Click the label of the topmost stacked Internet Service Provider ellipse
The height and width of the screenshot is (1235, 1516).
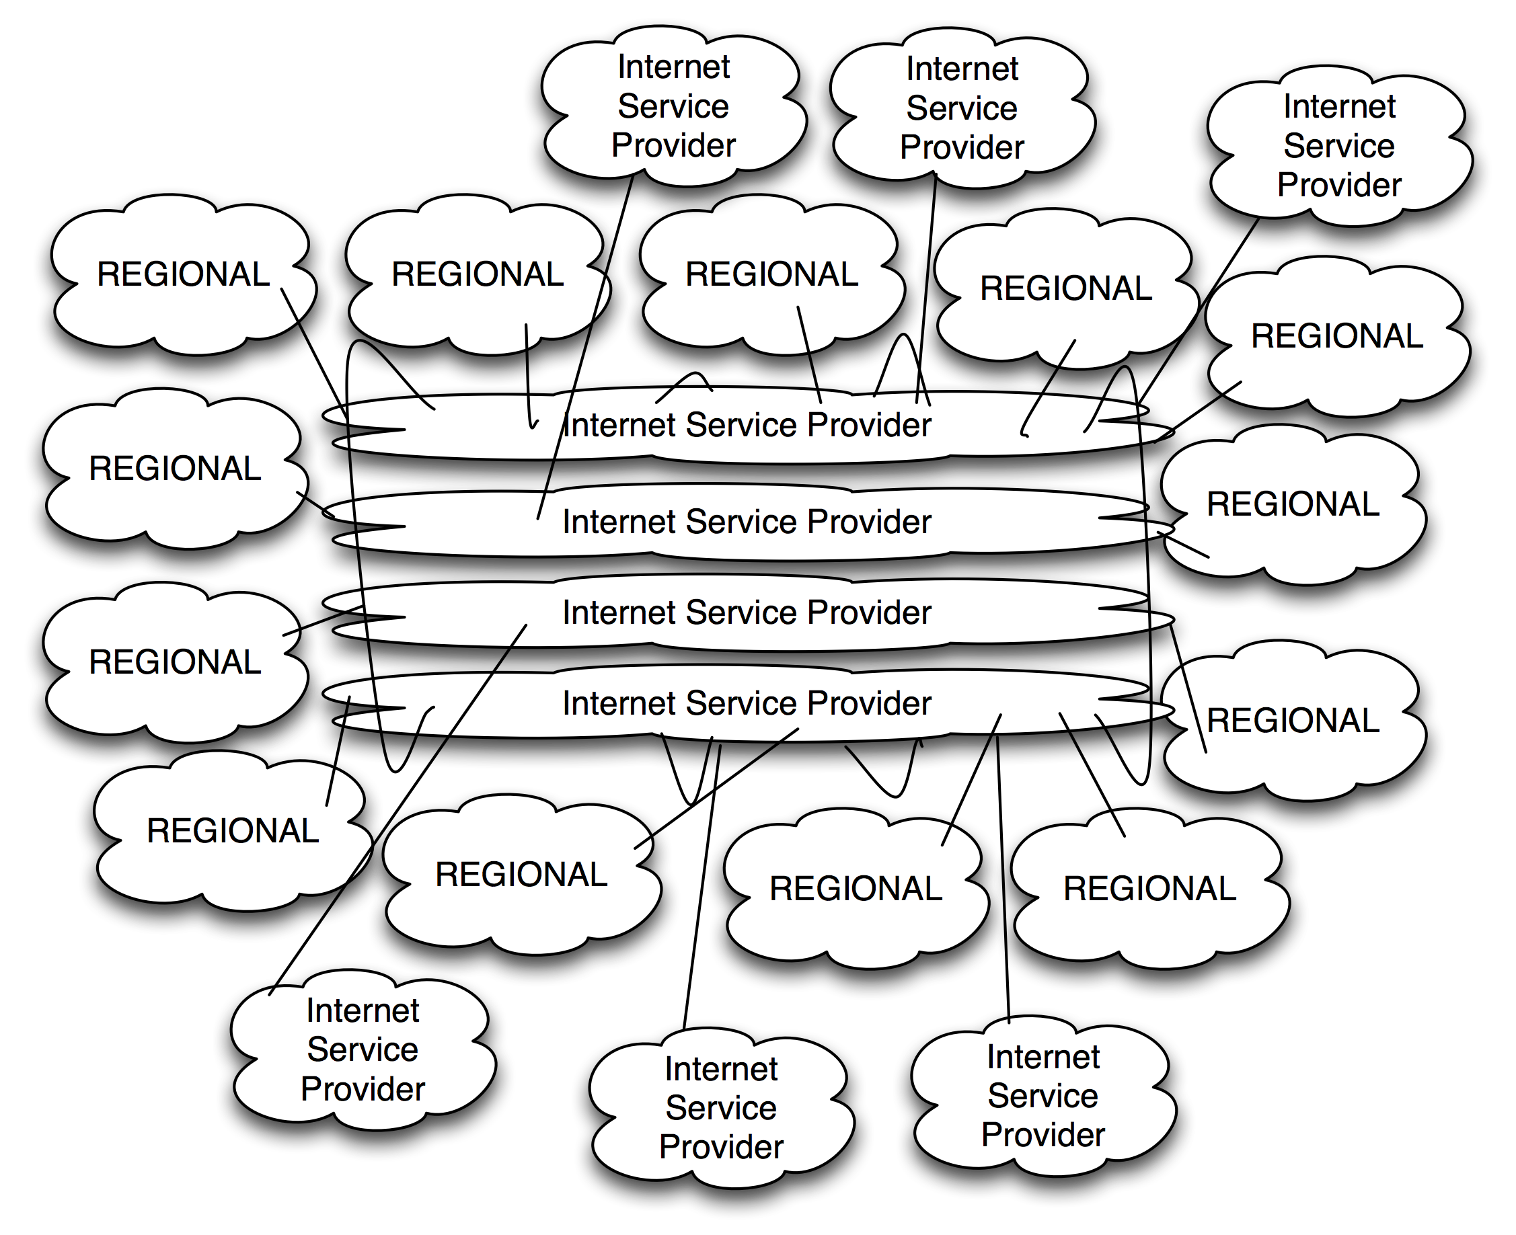746,425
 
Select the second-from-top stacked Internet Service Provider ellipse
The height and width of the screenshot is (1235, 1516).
746,522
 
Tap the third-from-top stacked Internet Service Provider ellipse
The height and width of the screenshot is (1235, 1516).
746,612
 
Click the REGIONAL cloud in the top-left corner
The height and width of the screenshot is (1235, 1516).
183,274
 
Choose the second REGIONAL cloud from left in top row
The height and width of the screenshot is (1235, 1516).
477,274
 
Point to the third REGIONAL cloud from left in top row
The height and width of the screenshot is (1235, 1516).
771,274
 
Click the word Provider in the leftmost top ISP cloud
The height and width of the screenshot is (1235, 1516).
673,146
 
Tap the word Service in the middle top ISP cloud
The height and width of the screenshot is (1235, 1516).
962,109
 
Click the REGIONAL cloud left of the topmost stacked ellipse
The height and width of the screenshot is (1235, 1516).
175,469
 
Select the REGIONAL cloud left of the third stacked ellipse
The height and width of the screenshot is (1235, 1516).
175,662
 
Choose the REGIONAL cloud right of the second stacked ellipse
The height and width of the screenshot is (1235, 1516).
1293,504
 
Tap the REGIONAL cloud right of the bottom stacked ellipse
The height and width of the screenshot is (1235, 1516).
1293,721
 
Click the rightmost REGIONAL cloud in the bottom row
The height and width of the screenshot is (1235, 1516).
1149,889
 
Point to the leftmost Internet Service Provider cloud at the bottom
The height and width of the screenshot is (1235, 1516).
363,1050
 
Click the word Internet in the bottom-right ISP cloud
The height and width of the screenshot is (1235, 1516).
1043,1057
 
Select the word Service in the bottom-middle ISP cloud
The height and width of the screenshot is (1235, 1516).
720,1109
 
